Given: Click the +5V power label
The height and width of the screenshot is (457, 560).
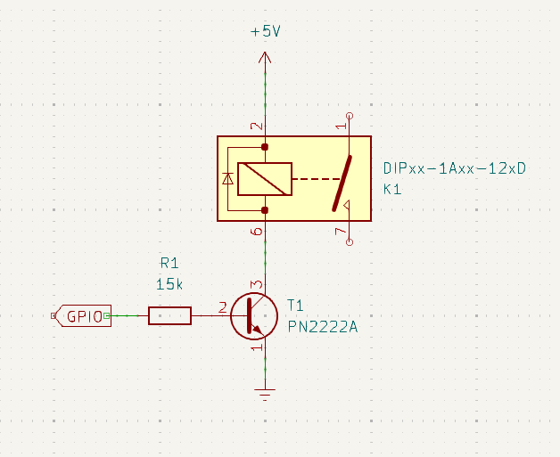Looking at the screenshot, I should [265, 31].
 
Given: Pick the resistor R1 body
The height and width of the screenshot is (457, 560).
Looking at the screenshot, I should [169, 315].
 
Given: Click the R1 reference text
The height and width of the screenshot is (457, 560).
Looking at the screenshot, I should [169, 264].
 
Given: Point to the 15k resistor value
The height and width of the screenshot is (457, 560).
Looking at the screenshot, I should [169, 284].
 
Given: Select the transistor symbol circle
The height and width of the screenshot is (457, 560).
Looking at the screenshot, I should [252, 315].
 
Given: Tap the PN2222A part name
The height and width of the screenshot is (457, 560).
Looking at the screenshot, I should [323, 327].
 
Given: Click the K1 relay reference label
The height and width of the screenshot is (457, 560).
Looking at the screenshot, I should [393, 190].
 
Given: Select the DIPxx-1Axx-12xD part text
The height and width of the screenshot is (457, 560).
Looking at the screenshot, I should [455, 168].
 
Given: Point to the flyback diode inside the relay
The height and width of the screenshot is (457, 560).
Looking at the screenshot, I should [228, 179].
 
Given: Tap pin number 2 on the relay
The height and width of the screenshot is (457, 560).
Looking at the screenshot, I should [256, 126].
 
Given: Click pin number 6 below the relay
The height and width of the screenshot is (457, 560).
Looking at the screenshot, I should [257, 232].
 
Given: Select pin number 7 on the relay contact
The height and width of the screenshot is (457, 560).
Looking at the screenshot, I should [340, 232].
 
